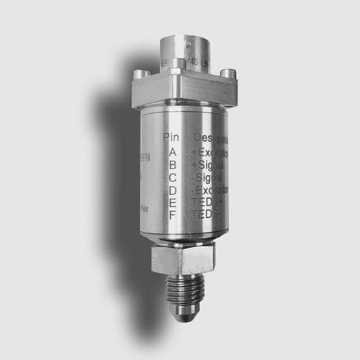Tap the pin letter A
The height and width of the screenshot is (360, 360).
pyautogui.click(x=173, y=152)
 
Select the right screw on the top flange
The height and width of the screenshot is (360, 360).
pyautogui.click(x=229, y=73)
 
